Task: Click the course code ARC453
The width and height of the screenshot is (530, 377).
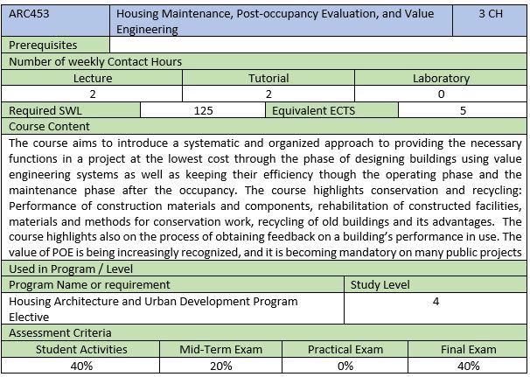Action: pos(29,15)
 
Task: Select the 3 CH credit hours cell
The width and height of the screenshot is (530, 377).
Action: pos(490,15)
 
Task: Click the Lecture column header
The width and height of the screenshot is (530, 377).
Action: pos(93,78)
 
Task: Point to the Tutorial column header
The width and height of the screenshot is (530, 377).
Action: pos(268,78)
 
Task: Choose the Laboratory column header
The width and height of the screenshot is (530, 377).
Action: pos(441,78)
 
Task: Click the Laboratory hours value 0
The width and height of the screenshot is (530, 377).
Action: pos(441,94)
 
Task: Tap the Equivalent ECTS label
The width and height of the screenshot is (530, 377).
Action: pos(313,110)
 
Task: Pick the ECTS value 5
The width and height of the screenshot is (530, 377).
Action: pos(463,110)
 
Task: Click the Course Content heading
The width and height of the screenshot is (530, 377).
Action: pos(48,127)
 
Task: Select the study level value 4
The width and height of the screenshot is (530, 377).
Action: pos(436,301)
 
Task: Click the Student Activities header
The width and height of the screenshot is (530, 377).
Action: pos(81,349)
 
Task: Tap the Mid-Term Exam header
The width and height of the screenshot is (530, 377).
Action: pos(221,349)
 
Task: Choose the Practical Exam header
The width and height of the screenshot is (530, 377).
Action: pos(345,349)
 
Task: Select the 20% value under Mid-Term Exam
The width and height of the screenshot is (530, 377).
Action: pos(221,366)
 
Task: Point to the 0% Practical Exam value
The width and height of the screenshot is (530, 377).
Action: pos(345,366)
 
